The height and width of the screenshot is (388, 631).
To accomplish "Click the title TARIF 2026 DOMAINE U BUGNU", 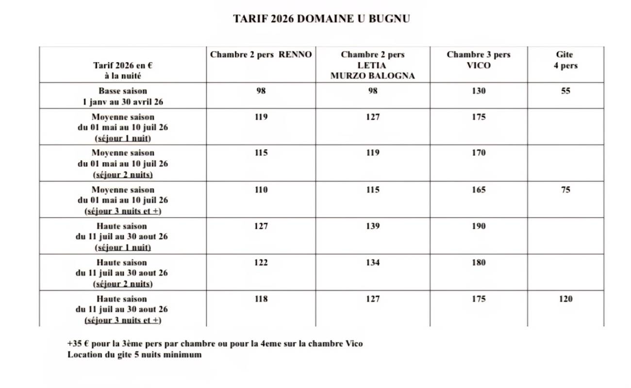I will tap(321, 19).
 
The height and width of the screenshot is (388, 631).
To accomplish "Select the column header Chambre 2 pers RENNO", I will tap(261, 55).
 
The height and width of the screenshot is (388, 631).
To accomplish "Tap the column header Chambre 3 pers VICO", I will tap(478, 60).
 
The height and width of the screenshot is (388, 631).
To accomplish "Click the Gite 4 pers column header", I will tap(565, 60).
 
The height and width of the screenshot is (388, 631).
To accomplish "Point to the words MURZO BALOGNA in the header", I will tap(372, 76).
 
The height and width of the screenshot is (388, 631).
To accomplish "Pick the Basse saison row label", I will tap(122, 96).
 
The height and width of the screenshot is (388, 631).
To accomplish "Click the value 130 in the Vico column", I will tap(478, 91).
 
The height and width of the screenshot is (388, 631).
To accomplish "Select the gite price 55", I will tap(565, 91).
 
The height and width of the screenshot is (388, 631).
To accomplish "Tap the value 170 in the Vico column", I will tap(478, 153).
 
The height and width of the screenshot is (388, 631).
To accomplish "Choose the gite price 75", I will tap(565, 190).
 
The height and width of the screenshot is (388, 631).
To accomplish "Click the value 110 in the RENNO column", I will tap(261, 190).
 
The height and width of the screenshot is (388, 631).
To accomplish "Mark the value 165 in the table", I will tap(478, 190).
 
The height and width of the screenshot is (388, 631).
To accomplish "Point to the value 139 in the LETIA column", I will tap(372, 226).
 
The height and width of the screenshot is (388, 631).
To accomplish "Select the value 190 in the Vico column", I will tap(478, 226).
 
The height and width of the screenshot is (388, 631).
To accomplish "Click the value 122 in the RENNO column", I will tap(261, 262).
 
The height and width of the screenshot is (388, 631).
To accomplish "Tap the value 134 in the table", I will tap(372, 262).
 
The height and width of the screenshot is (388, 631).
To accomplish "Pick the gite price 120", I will tap(565, 299).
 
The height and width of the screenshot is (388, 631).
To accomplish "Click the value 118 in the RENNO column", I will tap(261, 299).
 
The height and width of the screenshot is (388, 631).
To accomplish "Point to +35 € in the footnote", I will tap(78, 344).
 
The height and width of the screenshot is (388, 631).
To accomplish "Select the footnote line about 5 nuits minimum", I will tap(134, 355).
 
